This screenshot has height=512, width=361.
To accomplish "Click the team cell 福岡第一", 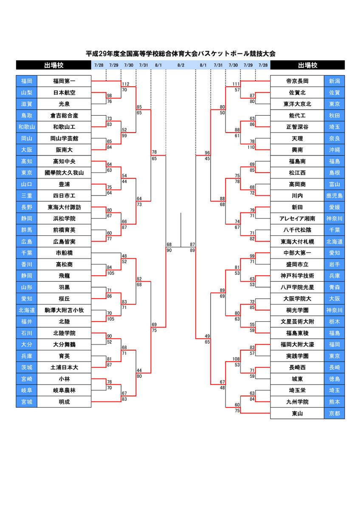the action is [x=64, y=81].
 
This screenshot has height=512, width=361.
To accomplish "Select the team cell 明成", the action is [x=64, y=402].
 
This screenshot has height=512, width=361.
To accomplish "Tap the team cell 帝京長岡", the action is [x=297, y=81].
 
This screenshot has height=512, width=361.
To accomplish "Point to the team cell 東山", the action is [x=297, y=413].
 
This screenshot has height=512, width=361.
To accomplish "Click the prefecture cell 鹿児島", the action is [x=334, y=195].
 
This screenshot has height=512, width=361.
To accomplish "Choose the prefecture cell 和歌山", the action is [x=26, y=127].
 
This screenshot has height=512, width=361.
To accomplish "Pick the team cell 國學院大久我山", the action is [x=64, y=173].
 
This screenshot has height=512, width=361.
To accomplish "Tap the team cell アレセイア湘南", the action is [x=297, y=218].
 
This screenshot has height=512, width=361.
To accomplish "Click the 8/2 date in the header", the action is [x=181, y=65].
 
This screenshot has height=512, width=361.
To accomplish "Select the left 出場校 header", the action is [x=54, y=65].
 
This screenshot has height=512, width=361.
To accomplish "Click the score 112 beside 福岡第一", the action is [x=125, y=84].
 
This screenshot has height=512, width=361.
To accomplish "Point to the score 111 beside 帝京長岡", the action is [x=236, y=84].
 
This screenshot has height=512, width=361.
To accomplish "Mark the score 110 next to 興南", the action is [x=251, y=147].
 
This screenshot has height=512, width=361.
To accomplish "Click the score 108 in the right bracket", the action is [x=236, y=359].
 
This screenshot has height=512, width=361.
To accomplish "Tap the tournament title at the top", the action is [x=180, y=54].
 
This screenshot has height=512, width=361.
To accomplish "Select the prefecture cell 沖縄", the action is [x=334, y=150].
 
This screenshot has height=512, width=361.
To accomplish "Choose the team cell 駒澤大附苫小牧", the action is [x=64, y=310].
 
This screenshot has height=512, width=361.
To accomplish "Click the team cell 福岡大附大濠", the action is [x=297, y=345].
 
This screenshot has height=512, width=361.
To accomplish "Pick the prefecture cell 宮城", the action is [x=26, y=402].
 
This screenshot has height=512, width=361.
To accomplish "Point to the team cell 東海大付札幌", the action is [x=297, y=242].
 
